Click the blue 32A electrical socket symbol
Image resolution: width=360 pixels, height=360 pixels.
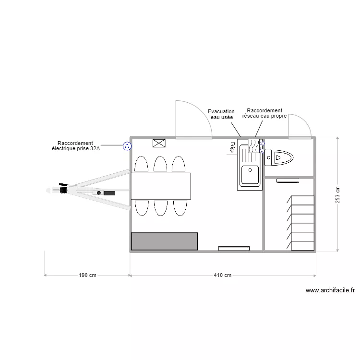coord(127,146)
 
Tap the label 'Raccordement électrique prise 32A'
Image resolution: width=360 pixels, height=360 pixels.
coord(75,146)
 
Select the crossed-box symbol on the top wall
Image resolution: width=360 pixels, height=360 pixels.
coord(158,143)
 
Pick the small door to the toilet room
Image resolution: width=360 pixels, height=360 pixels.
coord(300,127)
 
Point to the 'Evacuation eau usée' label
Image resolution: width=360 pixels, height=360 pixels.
coord(221,114)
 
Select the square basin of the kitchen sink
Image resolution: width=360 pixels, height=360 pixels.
coord(250,175)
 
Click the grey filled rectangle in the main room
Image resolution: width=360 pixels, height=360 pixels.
coord(164,241)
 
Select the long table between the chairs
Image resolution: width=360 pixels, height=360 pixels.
coord(161,186)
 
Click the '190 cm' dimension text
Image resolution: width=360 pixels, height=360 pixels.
coord(87,276)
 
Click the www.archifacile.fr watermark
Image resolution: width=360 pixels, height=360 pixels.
coord(330,290)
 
